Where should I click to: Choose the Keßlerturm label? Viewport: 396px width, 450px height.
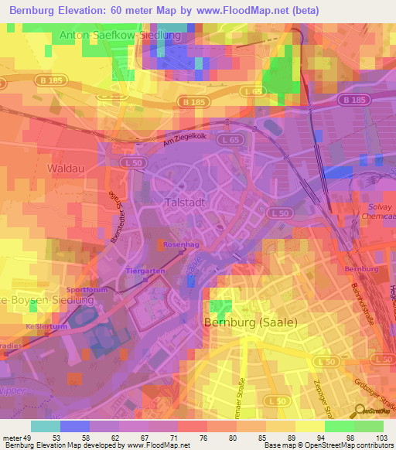tap(43, 327)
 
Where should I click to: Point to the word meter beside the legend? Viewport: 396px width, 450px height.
tap(12, 438)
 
